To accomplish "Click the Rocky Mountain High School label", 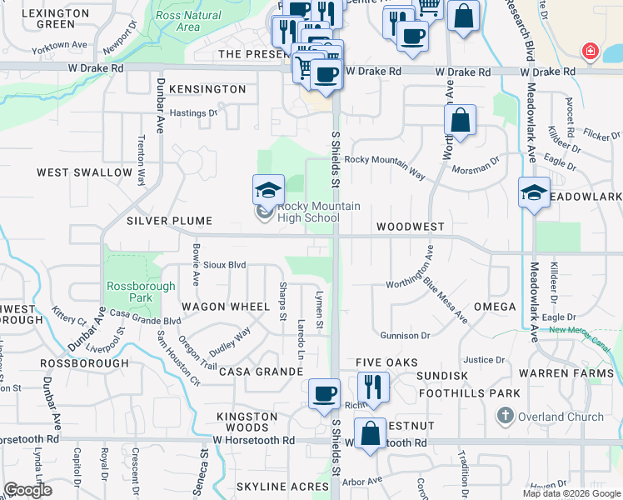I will coord(307,212).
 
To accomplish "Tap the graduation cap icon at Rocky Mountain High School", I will coord(269,189).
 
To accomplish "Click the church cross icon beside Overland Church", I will coord(505,415).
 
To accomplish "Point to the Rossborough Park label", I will coord(129,292).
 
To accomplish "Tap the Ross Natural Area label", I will coord(188,21).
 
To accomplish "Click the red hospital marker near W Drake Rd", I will coord(591,52).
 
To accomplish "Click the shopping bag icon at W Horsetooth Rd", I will coord(371,432).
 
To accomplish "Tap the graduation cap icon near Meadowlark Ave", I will coord(534,192).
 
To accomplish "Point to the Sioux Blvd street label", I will coord(225,264).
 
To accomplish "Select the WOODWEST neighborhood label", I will coord(410,227).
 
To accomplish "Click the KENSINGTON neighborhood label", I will coord(207,89).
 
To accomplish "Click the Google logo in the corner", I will coord(27,490).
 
